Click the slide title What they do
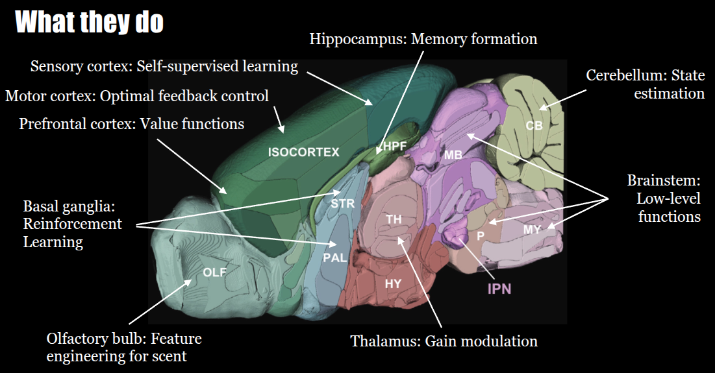pos(89,22)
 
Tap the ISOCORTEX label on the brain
pos(304,152)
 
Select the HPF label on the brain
pos(394,146)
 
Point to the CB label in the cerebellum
pos(534,125)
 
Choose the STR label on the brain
pos(343,203)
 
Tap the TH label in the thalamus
pos(394,219)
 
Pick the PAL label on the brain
pos(334,258)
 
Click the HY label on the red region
pos(393,283)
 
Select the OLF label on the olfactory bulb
pos(215,272)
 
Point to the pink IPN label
pos(499,289)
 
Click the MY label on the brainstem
pos(533,228)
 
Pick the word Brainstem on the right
pos(662,180)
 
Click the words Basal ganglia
pos(69,206)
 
